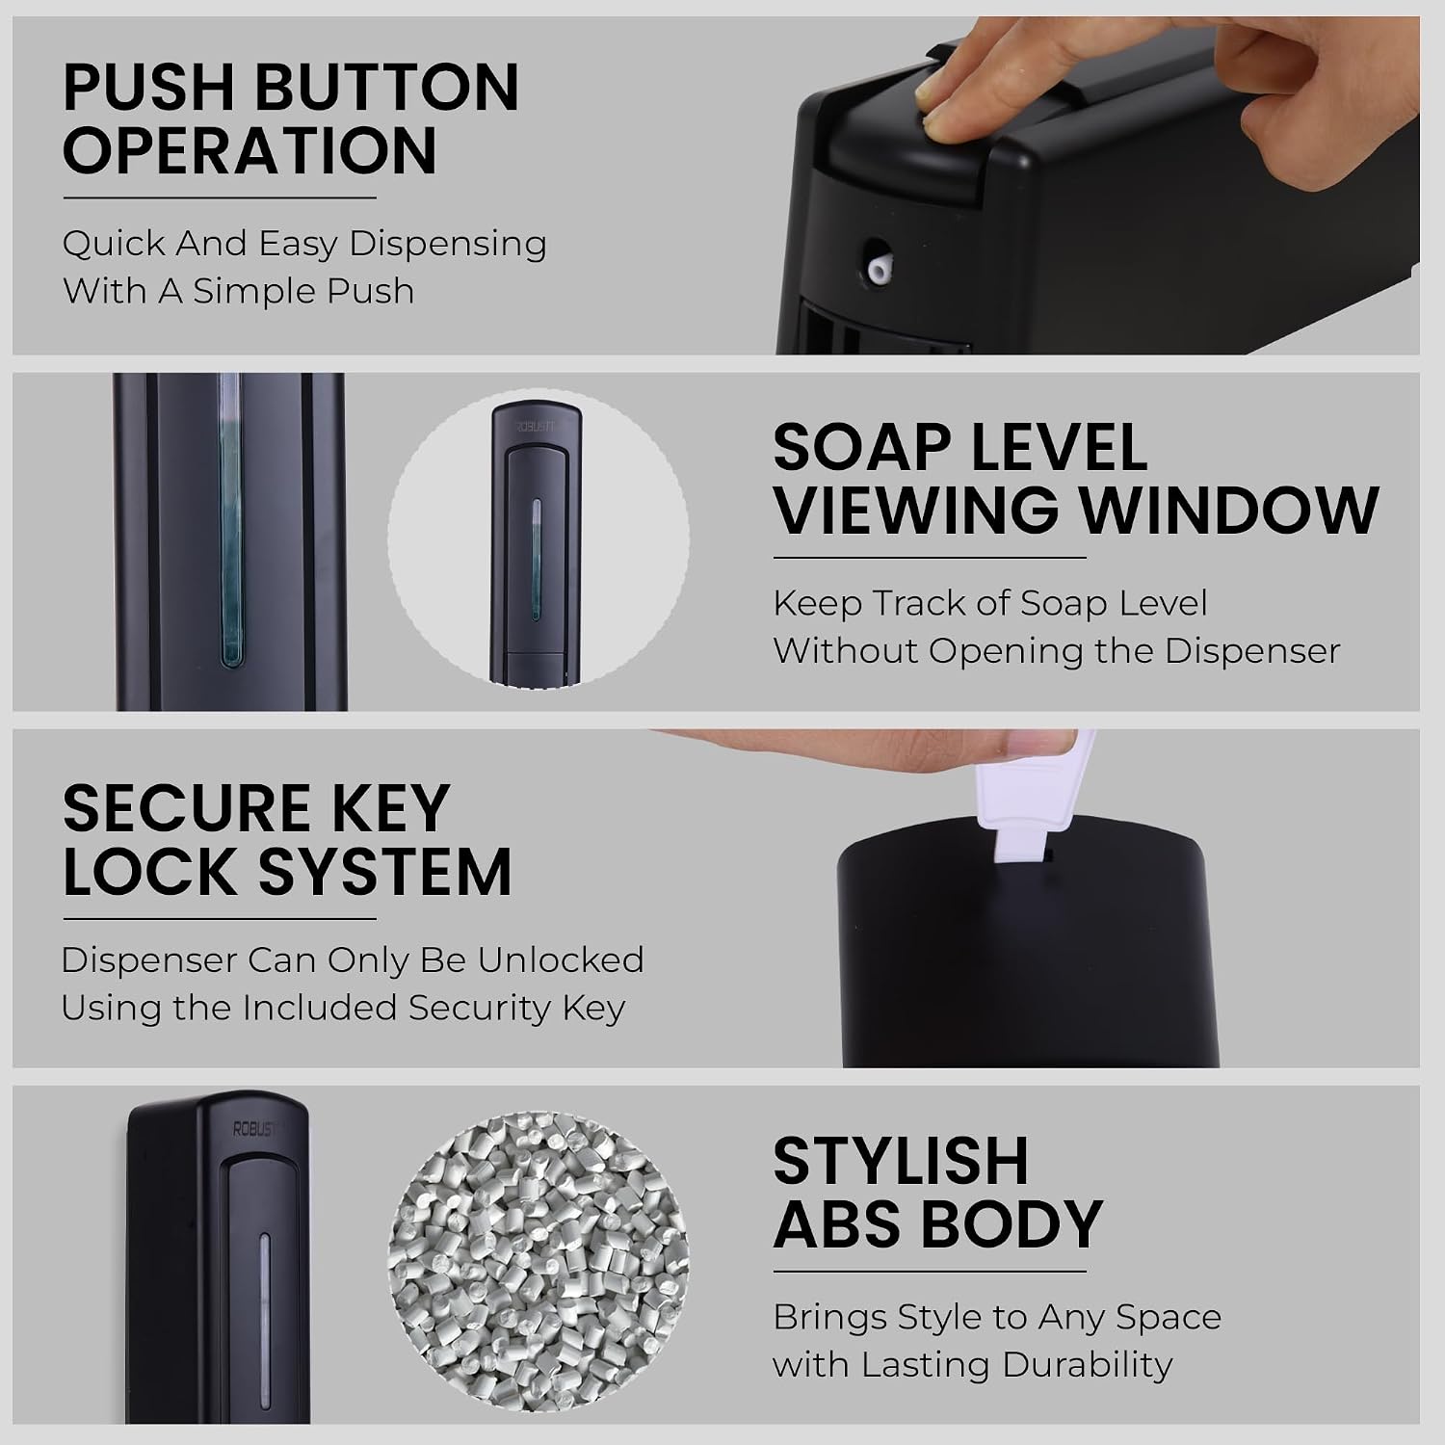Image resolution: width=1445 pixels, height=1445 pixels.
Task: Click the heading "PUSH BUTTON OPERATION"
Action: coord(291,118)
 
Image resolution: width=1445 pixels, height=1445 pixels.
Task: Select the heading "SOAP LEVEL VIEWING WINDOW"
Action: coord(1076,479)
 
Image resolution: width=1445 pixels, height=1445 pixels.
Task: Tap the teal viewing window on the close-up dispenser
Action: coord(229,520)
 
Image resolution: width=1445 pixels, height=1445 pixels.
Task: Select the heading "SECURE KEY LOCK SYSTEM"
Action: coord(287,839)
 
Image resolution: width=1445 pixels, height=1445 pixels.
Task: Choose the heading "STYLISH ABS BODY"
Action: coord(937,1193)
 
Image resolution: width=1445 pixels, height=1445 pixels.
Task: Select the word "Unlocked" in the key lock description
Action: coord(561,960)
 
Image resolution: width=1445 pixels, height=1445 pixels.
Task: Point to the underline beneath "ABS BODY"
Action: coord(930,1272)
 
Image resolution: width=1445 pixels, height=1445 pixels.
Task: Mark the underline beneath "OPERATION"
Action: coord(220,198)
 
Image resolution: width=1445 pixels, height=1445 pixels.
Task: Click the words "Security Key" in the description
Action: coord(517,1009)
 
